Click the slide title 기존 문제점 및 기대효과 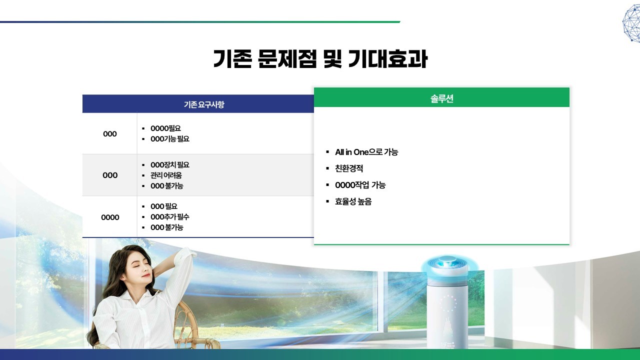(320, 59)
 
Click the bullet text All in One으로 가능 (366, 152)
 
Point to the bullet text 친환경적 (349, 168)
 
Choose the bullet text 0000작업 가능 (360, 185)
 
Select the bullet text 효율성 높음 (353, 201)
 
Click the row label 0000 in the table (110, 217)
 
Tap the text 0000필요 (165, 128)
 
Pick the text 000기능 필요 (170, 139)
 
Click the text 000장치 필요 (170, 165)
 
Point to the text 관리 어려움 (166, 175)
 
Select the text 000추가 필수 (170, 217)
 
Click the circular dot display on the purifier (447, 303)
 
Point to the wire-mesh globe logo (631, 23)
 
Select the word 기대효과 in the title (387, 59)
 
